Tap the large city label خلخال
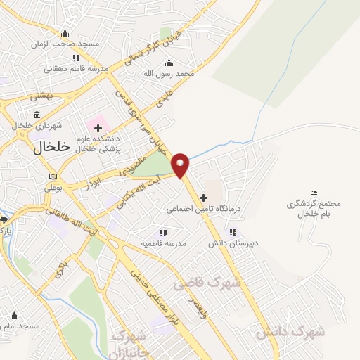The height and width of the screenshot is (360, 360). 52,148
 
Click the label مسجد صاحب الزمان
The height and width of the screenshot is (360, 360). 65,44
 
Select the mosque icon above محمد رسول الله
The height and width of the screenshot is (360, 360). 168,63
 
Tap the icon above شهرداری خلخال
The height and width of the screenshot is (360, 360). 37,115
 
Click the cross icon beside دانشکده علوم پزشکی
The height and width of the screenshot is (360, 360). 98,128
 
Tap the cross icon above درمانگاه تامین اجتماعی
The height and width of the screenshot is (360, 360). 204,198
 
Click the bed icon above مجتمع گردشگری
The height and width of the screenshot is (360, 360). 314,193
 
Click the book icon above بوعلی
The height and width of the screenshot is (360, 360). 53,176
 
